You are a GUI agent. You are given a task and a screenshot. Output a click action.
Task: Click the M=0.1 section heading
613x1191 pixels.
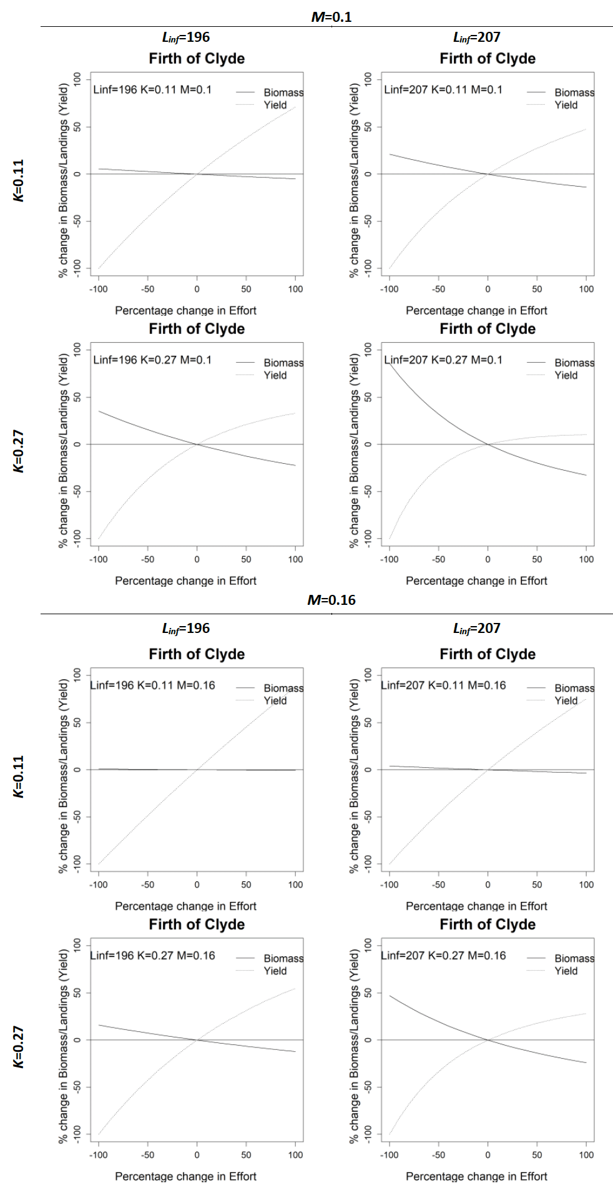[x=331, y=17]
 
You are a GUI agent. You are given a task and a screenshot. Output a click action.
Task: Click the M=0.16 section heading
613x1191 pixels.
[x=331, y=600]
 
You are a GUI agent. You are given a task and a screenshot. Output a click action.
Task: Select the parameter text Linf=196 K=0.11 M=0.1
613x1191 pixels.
[x=152, y=89]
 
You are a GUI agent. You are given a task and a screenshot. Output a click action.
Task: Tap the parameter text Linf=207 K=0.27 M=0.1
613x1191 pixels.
[x=443, y=360]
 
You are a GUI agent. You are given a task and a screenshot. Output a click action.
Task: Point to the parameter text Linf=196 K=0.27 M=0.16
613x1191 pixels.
[x=152, y=955]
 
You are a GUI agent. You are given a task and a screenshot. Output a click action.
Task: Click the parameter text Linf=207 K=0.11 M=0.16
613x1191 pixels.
[x=443, y=685]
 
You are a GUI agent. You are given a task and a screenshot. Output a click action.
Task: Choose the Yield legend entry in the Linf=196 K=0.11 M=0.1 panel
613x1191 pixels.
[x=275, y=105]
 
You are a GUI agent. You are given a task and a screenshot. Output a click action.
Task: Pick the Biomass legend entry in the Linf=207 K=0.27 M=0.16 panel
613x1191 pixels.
[x=574, y=958]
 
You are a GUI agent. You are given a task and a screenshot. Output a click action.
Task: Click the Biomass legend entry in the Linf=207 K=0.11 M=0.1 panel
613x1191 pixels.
[x=574, y=92]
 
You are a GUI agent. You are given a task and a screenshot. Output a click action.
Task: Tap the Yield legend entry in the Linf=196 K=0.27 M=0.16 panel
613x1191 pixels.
[x=275, y=971]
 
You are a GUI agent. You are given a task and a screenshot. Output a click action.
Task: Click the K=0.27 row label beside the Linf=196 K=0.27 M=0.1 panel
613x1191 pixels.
[x=19, y=451]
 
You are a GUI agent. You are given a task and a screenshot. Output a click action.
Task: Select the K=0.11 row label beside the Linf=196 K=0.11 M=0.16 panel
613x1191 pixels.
[x=19, y=776]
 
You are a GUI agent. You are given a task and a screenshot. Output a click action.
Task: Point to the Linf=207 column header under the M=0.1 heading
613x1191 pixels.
[x=477, y=37]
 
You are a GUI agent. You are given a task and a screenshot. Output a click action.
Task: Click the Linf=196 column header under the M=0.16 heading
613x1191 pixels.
[x=186, y=629]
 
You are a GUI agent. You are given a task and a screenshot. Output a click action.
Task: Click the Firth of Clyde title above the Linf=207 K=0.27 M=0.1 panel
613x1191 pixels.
[x=488, y=329]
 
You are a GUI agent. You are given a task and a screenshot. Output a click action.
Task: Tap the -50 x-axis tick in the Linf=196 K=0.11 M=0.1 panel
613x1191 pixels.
[x=147, y=289]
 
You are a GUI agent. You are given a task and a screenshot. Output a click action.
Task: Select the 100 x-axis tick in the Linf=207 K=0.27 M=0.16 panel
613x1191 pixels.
[x=586, y=1155]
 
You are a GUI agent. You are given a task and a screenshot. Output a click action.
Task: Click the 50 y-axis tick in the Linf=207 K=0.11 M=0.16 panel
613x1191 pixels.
[x=368, y=722]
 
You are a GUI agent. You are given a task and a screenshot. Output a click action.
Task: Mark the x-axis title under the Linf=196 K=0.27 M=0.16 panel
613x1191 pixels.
[x=185, y=1176]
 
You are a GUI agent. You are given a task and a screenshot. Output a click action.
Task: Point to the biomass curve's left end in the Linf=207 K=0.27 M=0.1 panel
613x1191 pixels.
[x=390, y=363]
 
